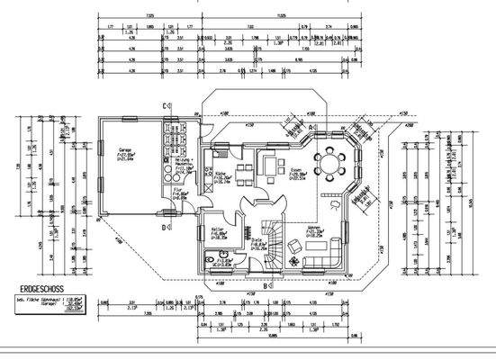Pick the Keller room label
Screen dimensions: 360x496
pyautogui.click(x=215, y=235)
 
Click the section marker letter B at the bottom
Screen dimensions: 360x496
pyautogui.click(x=265, y=286)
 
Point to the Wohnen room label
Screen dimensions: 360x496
pyautogui.click(x=313, y=229)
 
